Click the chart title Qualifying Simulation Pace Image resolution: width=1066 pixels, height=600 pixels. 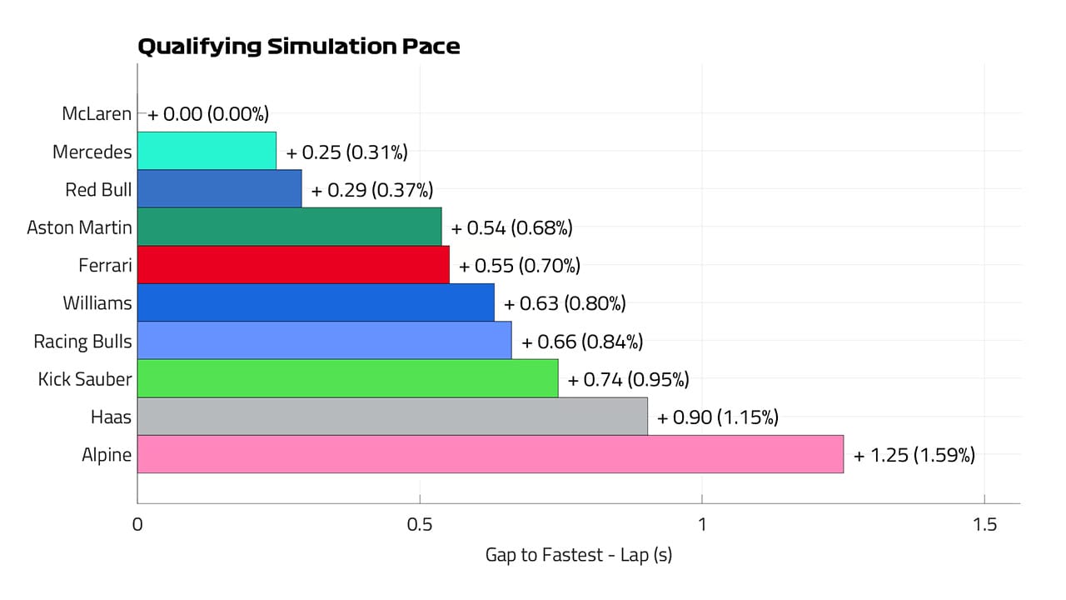click(x=298, y=47)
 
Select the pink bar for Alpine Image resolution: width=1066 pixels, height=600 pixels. click(x=490, y=454)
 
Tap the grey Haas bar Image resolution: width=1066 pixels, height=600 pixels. click(x=392, y=416)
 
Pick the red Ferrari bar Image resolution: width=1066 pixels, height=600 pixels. click(x=293, y=265)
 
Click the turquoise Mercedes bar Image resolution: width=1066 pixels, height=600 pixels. click(x=207, y=151)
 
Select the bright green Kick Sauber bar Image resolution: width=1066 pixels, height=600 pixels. click(x=347, y=378)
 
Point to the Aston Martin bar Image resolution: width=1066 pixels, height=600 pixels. click(x=289, y=227)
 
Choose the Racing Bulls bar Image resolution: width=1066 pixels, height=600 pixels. click(x=324, y=340)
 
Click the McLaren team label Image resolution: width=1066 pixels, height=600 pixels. click(x=97, y=113)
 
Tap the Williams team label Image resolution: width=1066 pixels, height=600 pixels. click(x=97, y=302)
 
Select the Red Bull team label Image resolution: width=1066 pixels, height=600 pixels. click(x=98, y=189)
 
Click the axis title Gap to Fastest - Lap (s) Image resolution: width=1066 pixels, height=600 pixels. click(x=578, y=554)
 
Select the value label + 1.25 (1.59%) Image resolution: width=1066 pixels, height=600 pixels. click(x=914, y=455)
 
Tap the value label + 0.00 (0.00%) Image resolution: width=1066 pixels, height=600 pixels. click(x=208, y=114)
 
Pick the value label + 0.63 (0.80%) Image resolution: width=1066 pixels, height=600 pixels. click(x=564, y=303)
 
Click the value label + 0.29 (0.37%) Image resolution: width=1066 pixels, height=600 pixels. click(x=371, y=190)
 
